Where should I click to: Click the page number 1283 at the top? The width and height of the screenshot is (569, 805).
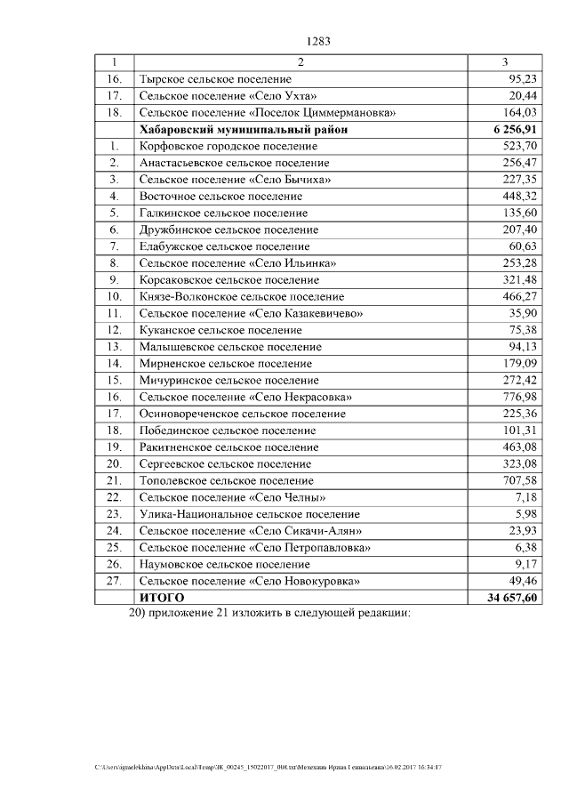[318, 41]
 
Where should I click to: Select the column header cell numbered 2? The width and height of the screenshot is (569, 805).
[301, 62]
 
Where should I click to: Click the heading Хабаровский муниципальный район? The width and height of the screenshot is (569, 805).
[243, 129]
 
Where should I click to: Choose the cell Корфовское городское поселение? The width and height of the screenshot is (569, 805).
[228, 146]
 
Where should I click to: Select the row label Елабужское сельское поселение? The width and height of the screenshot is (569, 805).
[224, 246]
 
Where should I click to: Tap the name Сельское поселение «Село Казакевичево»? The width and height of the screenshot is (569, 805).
[251, 313]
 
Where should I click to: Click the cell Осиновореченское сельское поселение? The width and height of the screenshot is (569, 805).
[242, 414]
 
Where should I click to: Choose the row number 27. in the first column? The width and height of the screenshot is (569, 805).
[114, 581]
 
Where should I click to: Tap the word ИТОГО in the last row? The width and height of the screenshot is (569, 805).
[161, 598]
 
